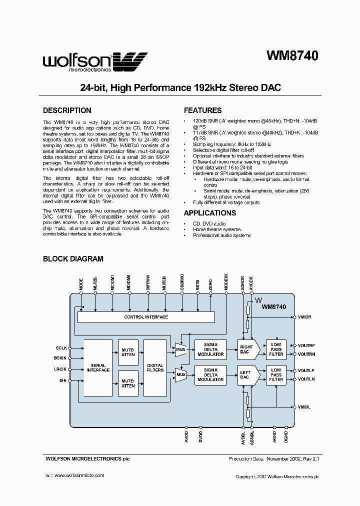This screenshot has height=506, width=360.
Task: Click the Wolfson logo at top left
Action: point(94,62)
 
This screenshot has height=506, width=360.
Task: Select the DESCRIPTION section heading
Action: point(67,110)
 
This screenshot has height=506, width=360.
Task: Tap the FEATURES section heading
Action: point(202,110)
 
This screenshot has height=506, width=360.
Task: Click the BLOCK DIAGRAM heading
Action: point(73,259)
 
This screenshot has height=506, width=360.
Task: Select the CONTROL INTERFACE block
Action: point(146,317)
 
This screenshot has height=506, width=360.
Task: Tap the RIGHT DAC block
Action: point(247,348)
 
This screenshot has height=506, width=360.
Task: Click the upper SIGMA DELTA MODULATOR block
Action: point(210,348)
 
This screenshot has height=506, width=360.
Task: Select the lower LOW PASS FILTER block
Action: point(276,374)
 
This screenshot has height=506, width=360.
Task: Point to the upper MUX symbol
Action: point(180,348)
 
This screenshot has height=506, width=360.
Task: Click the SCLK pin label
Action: point(61,347)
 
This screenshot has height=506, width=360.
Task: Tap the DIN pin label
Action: point(63,381)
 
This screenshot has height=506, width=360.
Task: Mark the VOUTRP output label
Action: point(306,345)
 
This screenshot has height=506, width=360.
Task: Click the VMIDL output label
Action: point(304,407)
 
